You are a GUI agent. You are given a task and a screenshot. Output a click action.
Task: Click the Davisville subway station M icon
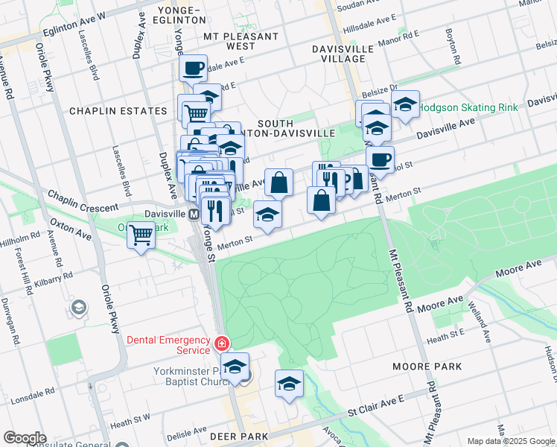tap(193, 214)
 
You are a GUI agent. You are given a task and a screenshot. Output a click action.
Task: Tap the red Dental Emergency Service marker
tap(221, 343)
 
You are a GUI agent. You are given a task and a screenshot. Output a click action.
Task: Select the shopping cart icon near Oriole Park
tap(140, 236)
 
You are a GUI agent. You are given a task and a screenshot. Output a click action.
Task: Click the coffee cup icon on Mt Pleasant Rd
tap(380, 159)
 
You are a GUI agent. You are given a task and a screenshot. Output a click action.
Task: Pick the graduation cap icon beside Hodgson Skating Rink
tap(405, 106)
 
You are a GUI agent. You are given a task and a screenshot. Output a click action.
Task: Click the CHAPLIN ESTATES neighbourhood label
tap(118, 111)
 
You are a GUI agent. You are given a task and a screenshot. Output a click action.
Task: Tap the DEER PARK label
tap(238, 436)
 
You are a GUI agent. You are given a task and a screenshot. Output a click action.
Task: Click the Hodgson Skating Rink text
tap(468, 107)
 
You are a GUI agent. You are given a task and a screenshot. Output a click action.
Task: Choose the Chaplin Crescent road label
tap(83, 200)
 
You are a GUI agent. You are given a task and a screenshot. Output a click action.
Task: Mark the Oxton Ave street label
tap(71, 228)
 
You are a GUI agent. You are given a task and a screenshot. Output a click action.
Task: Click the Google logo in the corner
tap(25, 437)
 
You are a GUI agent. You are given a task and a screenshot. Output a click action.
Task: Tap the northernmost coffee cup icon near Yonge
tap(193, 69)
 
